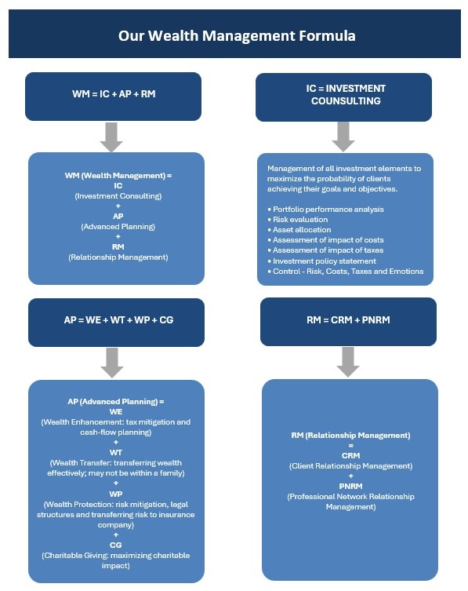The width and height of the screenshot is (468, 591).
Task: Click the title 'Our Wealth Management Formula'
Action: point(237,36)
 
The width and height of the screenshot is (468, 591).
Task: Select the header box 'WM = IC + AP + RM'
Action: point(114,97)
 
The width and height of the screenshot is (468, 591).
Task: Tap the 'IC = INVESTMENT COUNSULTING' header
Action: point(344,97)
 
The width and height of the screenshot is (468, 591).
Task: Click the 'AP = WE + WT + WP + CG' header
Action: point(116,323)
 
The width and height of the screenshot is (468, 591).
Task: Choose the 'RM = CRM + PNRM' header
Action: point(348,322)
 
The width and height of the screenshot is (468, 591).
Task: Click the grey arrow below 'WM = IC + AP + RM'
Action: point(111,137)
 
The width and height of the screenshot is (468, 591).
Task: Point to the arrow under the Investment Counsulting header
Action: point(343,137)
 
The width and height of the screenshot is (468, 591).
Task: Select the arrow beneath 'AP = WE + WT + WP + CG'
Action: point(112,363)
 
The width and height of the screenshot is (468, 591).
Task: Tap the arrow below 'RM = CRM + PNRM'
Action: point(348,362)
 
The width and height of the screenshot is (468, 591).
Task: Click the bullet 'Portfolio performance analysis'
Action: point(325,210)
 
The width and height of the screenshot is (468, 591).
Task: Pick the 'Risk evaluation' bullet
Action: point(297,219)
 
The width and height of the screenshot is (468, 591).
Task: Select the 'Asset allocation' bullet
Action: point(299,229)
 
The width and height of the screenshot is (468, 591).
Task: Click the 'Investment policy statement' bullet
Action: point(322,261)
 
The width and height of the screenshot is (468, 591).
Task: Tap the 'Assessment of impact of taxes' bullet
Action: point(325,250)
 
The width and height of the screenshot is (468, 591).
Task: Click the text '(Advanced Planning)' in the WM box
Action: point(118,227)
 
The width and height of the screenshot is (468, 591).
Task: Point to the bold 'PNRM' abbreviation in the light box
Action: point(351,486)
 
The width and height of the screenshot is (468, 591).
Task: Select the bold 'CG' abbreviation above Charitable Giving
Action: point(116,545)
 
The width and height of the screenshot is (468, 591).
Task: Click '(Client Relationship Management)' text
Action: point(351,466)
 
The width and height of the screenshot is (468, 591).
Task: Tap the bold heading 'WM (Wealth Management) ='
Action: point(118,175)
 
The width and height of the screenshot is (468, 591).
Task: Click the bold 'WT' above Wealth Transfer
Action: point(116,452)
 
